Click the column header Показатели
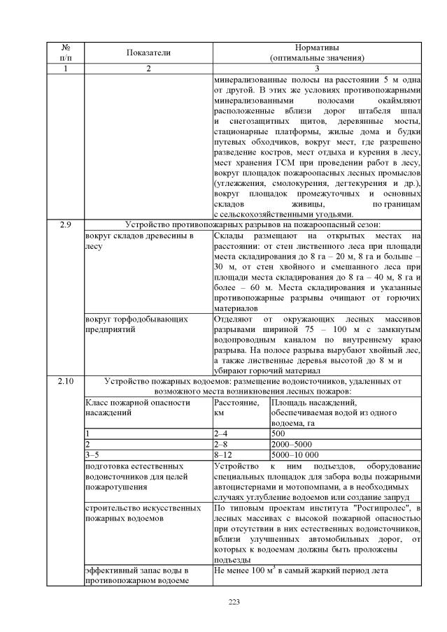click(148, 52)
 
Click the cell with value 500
click(278, 433)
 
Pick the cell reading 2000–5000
click(292, 443)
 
